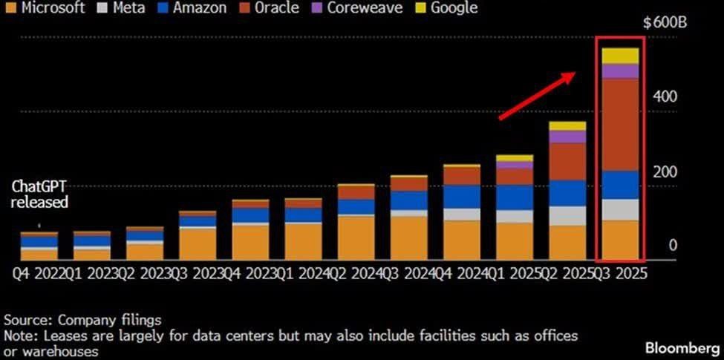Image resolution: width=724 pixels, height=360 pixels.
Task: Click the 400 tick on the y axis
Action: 666,97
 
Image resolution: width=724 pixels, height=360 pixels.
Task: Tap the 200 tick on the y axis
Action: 666,171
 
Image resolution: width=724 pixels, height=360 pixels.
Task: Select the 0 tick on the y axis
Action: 672,246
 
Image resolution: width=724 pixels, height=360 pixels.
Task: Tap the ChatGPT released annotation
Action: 39,194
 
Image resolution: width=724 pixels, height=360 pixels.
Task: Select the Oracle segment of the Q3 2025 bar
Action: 620,125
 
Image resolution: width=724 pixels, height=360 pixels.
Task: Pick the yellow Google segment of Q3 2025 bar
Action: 620,56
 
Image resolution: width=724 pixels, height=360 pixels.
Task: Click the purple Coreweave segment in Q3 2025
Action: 620,71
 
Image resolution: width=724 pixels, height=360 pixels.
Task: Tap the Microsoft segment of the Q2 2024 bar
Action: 356,237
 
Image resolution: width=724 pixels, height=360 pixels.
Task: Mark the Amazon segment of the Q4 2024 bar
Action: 461,197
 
